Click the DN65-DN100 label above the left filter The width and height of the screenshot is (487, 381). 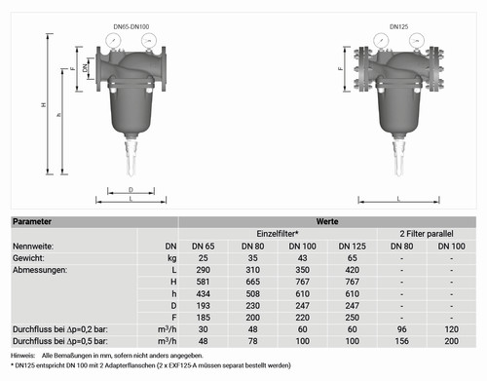(131, 26)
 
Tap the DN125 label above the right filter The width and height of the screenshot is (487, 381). (398, 26)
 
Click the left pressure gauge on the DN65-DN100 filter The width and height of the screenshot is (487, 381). (113, 41)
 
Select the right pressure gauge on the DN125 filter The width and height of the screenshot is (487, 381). (417, 41)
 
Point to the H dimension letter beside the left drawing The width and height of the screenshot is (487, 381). (44, 105)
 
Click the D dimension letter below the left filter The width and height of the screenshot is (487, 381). (131, 190)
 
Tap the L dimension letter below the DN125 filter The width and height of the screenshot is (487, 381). (398, 199)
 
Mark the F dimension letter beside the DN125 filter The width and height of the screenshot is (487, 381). (340, 68)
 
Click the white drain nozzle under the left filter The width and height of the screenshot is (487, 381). (131, 158)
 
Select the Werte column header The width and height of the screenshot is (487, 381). (327, 222)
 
